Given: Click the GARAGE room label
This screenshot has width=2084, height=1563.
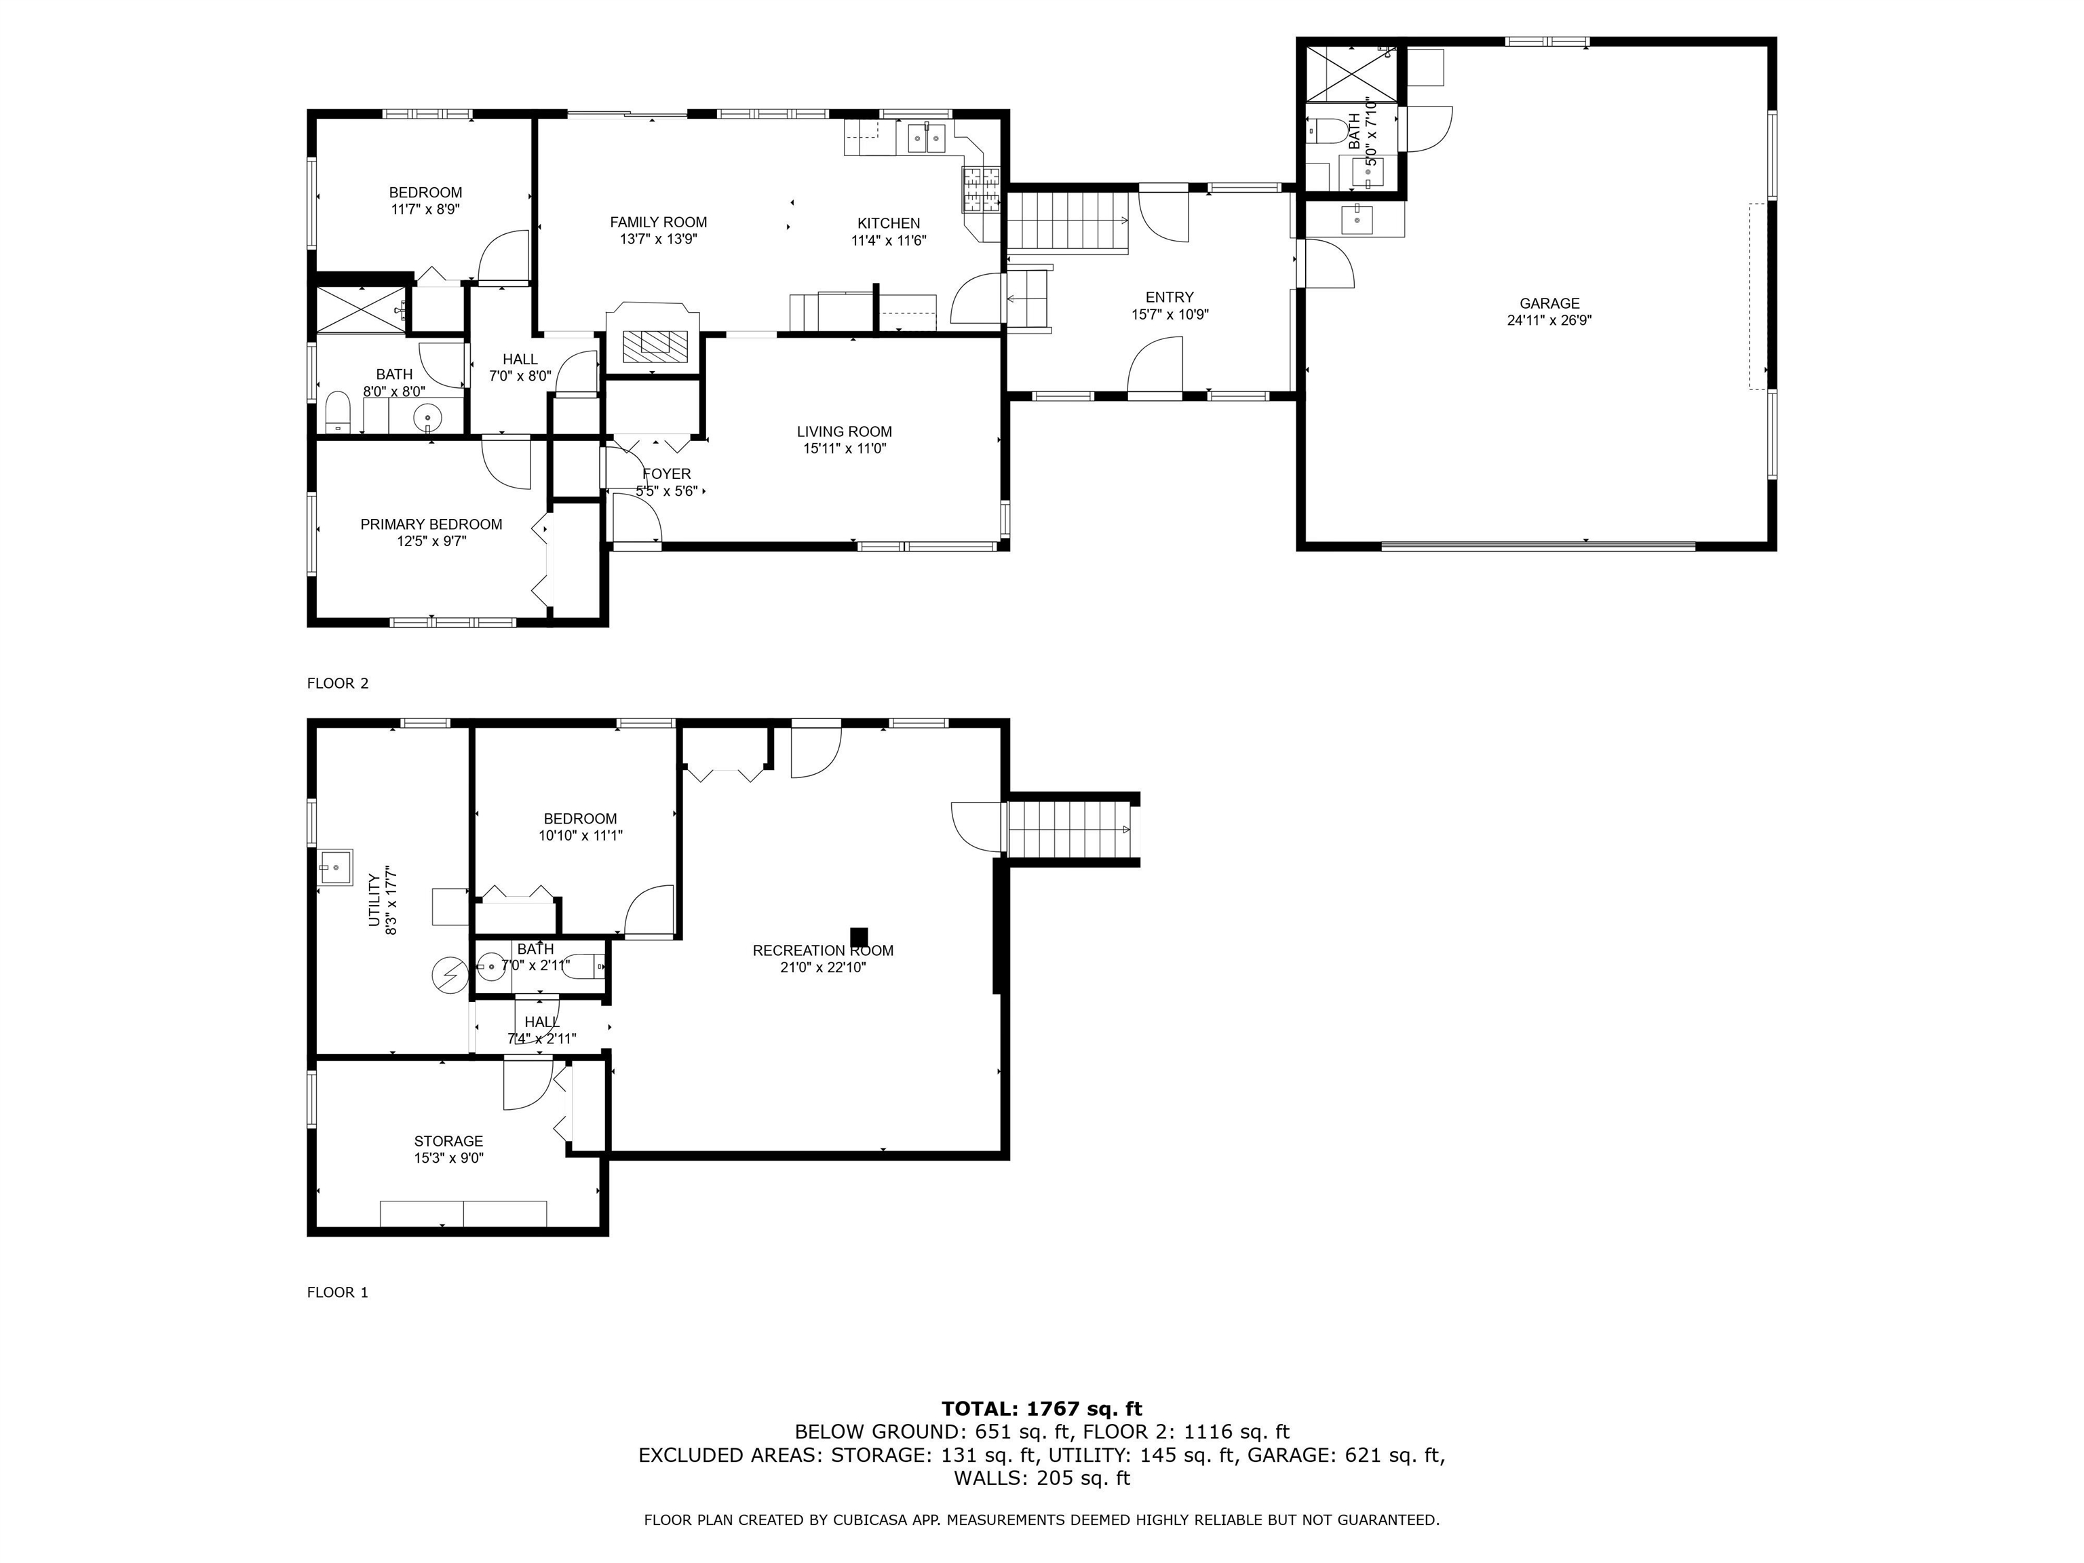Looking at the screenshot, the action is coord(1549,303).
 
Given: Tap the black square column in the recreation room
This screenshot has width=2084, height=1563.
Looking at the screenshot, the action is coord(858,936).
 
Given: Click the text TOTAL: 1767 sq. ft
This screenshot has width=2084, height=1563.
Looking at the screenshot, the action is coord(1041,1408).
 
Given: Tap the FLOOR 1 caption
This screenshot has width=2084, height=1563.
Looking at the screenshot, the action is coord(337,1292).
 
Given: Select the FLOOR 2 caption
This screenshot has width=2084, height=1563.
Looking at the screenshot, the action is coord(337,683).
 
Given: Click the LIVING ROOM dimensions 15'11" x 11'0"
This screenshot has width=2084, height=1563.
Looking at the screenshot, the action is coord(844,449).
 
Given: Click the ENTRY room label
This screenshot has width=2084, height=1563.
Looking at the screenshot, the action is coord(1169,296).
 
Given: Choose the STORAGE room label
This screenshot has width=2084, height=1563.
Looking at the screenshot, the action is coord(448,1141).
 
